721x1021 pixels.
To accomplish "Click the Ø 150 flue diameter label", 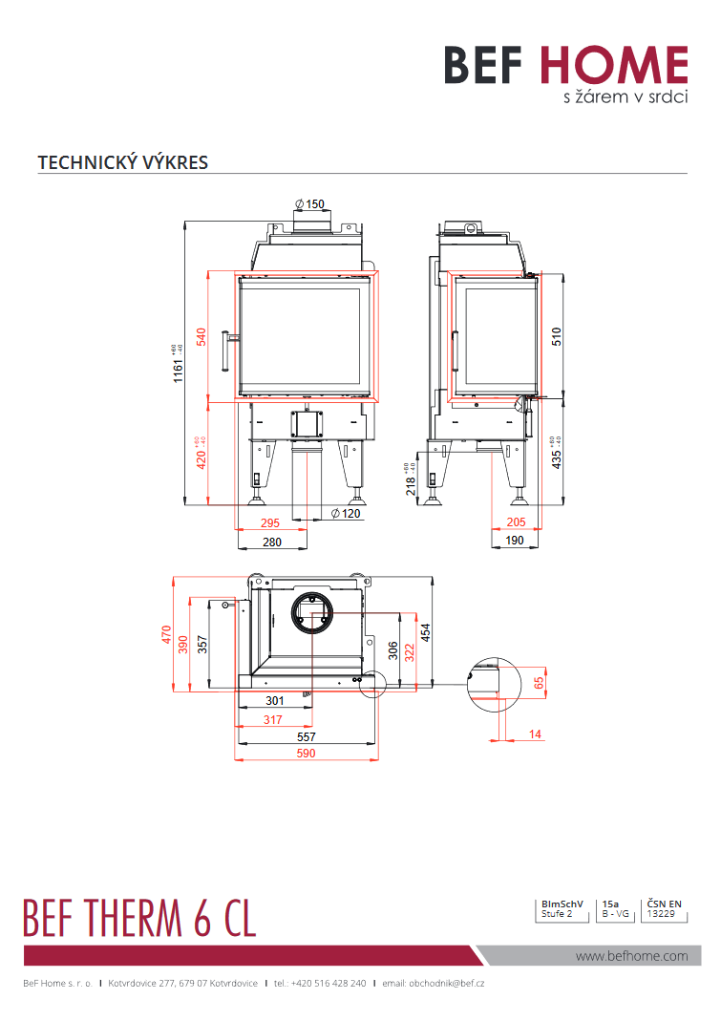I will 310,203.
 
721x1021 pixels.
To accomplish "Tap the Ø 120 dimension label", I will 347,514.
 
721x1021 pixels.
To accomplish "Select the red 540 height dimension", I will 201,337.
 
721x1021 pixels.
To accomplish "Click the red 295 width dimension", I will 270,523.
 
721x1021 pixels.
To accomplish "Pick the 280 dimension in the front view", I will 271,542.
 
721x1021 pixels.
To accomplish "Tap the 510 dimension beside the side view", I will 557,335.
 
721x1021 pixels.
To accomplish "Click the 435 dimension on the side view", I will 557,457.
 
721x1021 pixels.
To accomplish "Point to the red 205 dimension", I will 517,522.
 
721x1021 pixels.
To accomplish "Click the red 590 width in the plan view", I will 306,754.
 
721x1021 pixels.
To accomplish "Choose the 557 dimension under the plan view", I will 306,737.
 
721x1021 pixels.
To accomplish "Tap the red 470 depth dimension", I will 167,634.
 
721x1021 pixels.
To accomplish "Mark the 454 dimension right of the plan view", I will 426,632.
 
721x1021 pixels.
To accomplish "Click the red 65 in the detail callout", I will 539,682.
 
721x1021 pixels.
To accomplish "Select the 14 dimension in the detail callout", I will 534,734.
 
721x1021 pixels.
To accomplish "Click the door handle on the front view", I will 227,351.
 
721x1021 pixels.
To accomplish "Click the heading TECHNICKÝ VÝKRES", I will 122,162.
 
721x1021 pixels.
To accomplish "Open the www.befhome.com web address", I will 631,955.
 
